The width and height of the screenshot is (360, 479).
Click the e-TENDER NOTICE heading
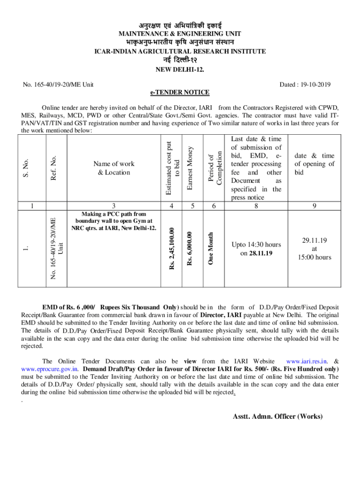180,92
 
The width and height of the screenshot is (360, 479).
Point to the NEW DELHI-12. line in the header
180,71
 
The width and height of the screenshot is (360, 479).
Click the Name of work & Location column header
114,168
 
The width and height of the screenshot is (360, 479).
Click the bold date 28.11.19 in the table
261,253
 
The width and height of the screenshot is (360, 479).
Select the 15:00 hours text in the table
314,257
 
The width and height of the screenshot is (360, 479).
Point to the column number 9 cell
314,205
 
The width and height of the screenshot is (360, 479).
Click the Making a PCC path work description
114,221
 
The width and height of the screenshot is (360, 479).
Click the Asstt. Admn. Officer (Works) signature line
278,416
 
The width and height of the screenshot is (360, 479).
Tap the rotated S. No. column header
27,168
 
